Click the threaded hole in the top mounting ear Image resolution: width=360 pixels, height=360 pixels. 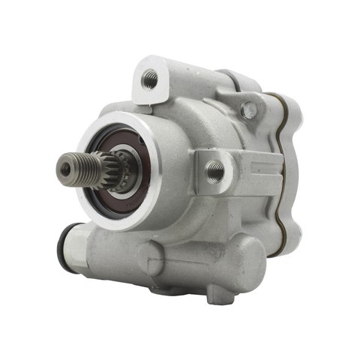coord(151,78)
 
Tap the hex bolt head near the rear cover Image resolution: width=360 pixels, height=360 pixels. coord(249,110)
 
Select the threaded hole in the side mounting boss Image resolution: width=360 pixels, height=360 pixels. coord(215,171)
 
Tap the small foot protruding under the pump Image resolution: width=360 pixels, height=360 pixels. coord(220,294)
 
